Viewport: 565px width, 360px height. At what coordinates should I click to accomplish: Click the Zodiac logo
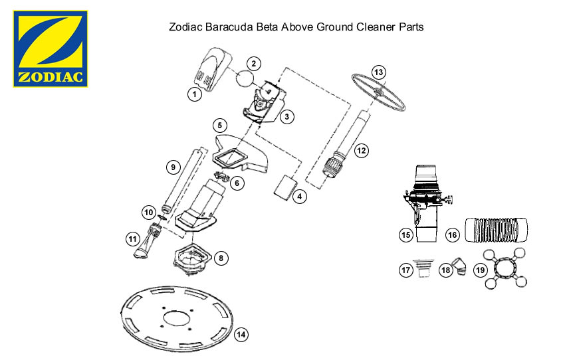click(x=51, y=49)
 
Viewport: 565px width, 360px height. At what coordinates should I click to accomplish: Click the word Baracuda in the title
click(x=229, y=27)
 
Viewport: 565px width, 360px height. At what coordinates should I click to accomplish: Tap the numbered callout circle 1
click(x=195, y=94)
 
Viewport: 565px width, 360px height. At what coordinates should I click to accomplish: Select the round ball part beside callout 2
click(x=245, y=78)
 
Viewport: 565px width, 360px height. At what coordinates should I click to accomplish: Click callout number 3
click(x=287, y=117)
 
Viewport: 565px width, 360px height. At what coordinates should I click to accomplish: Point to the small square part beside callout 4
click(x=285, y=187)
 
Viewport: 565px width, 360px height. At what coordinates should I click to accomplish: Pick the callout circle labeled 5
click(x=220, y=126)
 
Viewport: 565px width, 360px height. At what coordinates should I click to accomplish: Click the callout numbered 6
click(x=237, y=183)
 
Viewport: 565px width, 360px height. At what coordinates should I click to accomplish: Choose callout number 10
click(x=149, y=213)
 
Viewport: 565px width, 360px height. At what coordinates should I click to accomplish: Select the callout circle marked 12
click(x=361, y=151)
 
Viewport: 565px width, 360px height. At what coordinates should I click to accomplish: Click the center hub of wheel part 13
click(x=378, y=92)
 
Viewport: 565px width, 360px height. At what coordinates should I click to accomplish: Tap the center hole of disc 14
click(x=177, y=319)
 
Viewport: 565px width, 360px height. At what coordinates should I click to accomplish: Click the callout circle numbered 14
click(x=241, y=335)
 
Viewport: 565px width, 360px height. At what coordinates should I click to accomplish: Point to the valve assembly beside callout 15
click(x=427, y=203)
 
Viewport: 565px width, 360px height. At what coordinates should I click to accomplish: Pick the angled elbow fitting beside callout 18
click(x=459, y=266)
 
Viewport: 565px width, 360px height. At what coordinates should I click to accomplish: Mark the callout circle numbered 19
click(x=480, y=270)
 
